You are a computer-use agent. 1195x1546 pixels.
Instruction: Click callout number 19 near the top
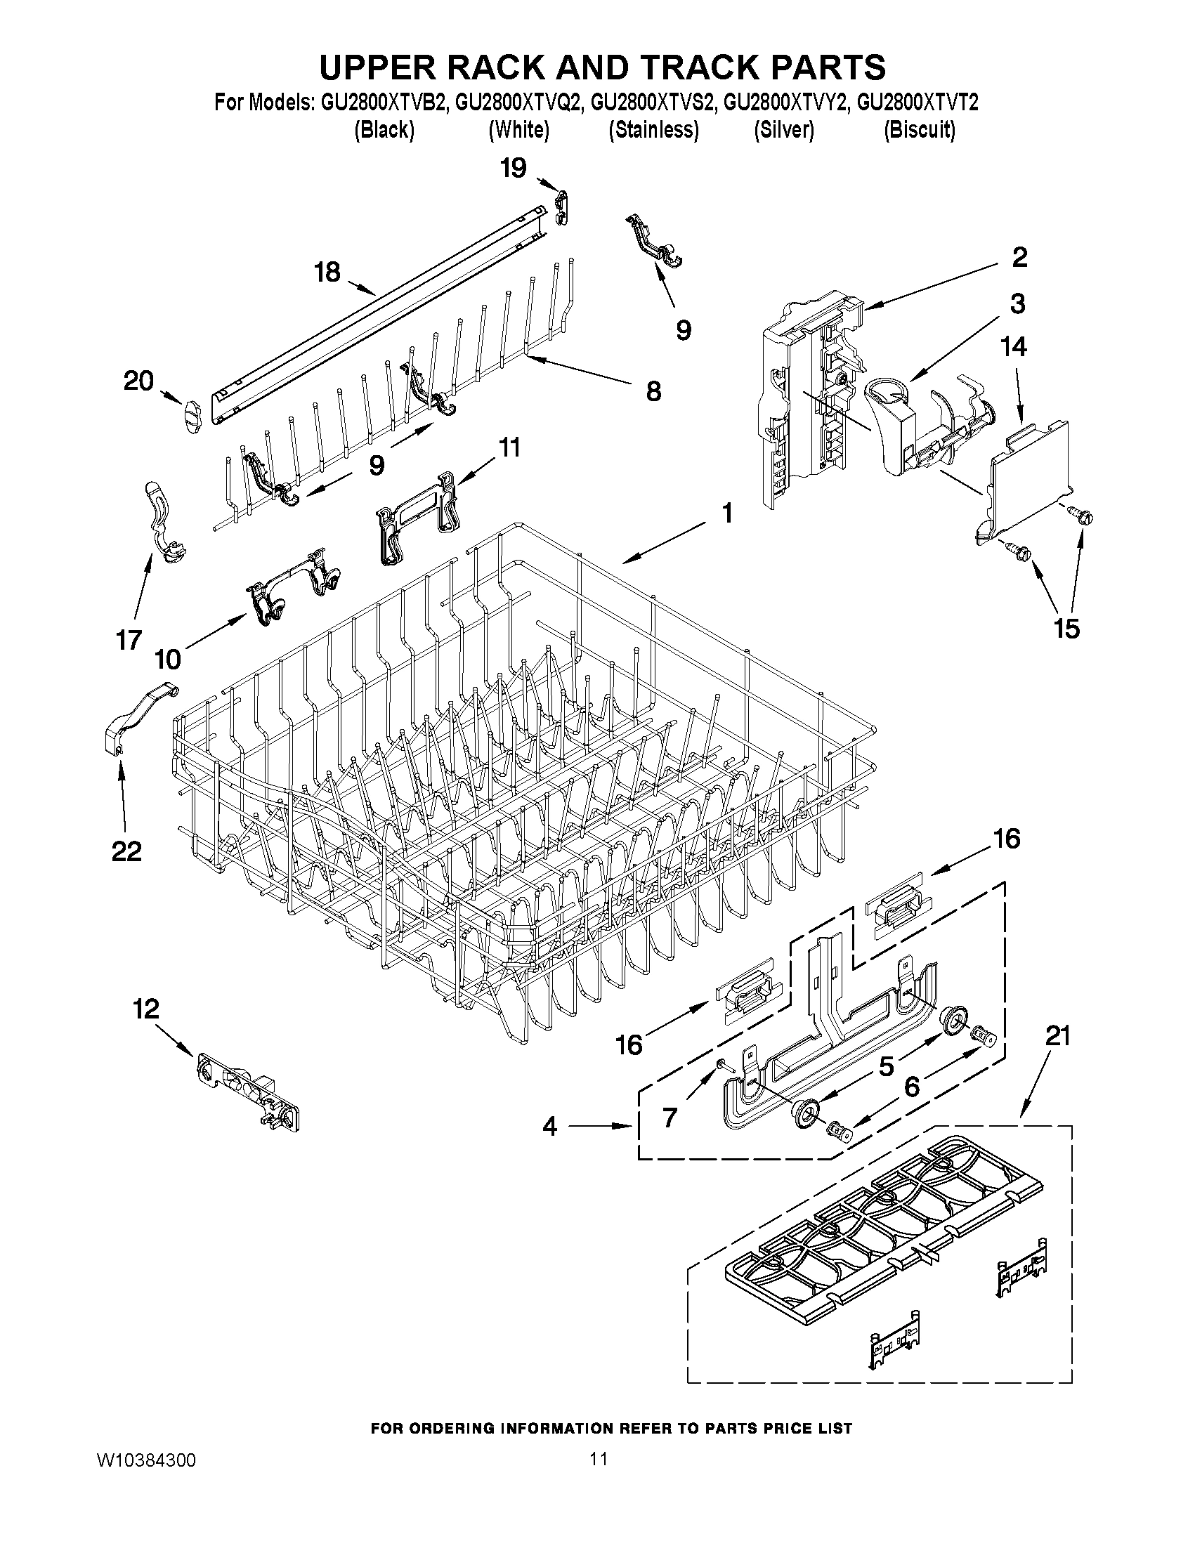pyautogui.click(x=514, y=169)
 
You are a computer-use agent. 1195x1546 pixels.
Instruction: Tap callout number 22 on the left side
pyautogui.click(x=126, y=851)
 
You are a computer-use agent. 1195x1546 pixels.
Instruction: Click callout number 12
pyautogui.click(x=146, y=1009)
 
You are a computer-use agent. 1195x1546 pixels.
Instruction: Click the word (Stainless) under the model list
pyautogui.click(x=653, y=130)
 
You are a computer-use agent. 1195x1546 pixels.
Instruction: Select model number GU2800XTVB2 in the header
pyautogui.click(x=384, y=103)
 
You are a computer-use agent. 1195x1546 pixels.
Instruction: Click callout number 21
pyautogui.click(x=1058, y=1036)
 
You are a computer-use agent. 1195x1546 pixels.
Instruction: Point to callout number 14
pyautogui.click(x=1014, y=347)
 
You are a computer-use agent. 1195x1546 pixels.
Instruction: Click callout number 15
pyautogui.click(x=1067, y=628)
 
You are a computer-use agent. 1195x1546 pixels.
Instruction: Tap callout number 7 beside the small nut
pyautogui.click(x=670, y=1118)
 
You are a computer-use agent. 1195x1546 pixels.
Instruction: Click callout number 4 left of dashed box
pyautogui.click(x=550, y=1126)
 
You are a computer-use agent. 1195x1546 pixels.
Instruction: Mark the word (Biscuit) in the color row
pyautogui.click(x=920, y=130)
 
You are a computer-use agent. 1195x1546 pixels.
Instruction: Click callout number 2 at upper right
pyautogui.click(x=1019, y=258)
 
